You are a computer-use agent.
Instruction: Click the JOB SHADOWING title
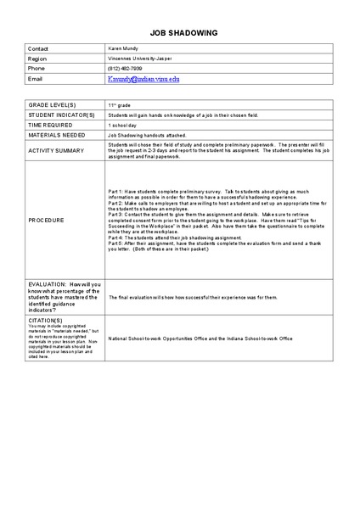coord(183,32)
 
